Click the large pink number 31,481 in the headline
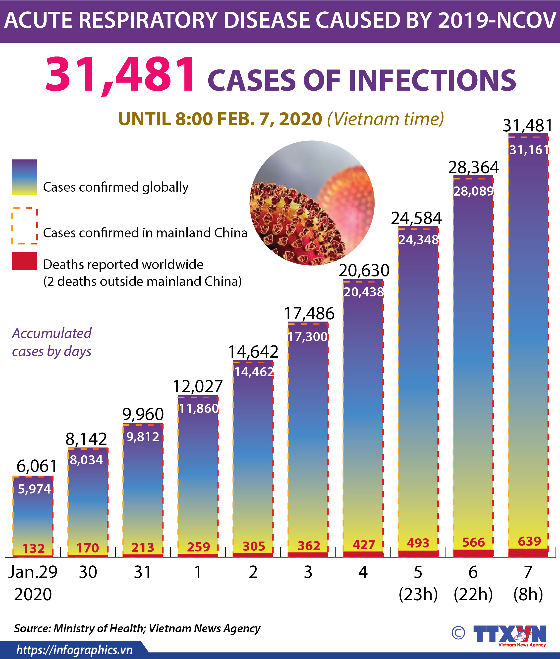coord(120,75)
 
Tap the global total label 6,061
coord(37,466)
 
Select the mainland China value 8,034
coord(86,460)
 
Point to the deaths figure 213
coord(143,548)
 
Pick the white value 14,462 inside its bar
coord(254,372)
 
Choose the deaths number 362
coord(309,546)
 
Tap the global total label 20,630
coord(364,271)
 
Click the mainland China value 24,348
coord(418,240)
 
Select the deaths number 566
coord(473,542)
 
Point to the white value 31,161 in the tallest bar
coord(529,150)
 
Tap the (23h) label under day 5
coord(418,594)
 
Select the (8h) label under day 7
coord(528,594)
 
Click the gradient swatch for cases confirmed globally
coord(24,177)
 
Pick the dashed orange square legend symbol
coord(24,226)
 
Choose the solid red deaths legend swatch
coord(24,261)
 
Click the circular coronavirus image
coord(312,203)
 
